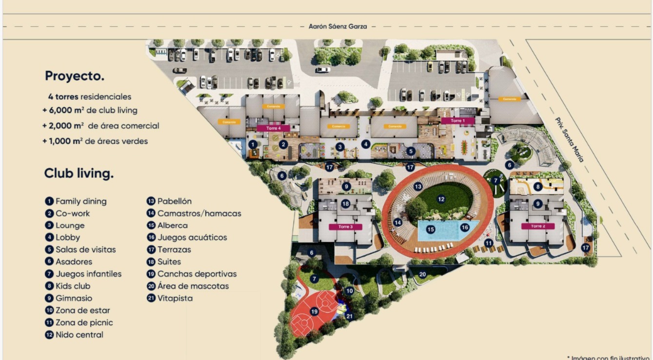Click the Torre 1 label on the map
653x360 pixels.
456,120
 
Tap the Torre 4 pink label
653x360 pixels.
274,128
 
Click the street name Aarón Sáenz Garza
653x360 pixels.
337,26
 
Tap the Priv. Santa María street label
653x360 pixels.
569,140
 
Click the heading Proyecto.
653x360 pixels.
75,76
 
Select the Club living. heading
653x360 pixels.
79,173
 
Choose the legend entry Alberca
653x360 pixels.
172,225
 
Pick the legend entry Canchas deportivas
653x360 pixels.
197,274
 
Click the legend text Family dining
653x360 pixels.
80,201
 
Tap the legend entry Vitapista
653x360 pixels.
175,298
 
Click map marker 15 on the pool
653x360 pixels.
430,229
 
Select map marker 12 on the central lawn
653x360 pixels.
441,199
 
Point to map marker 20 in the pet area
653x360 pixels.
422,274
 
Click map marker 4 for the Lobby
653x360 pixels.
366,144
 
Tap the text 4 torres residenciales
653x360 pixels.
89,97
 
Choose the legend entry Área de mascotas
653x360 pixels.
193,286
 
